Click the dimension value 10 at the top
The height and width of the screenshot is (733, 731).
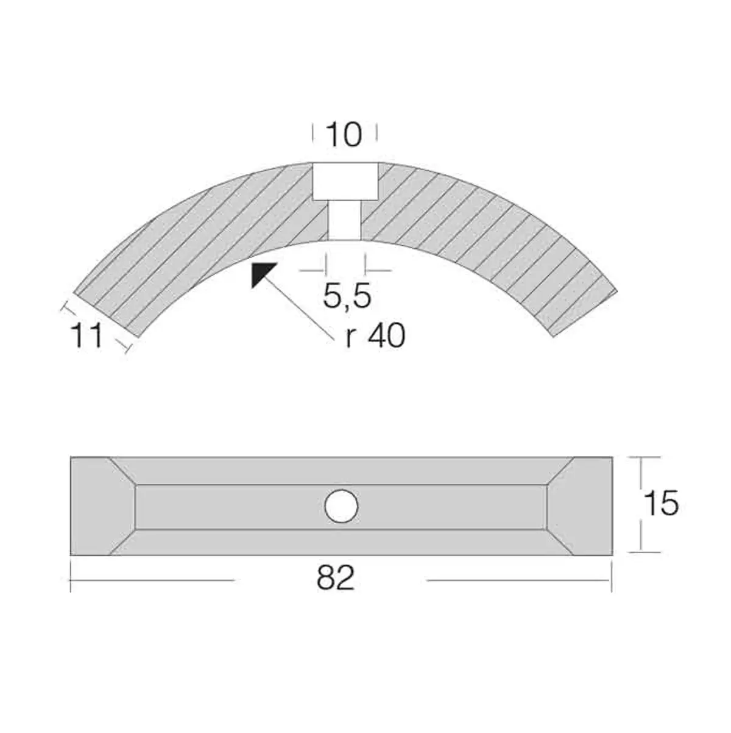pyautogui.click(x=344, y=135)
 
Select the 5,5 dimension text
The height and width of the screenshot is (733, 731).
pyautogui.click(x=347, y=297)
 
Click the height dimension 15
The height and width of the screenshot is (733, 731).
pyautogui.click(x=660, y=504)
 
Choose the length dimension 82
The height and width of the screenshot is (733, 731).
pyautogui.click(x=335, y=578)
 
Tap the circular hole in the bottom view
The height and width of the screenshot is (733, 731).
pyautogui.click(x=341, y=506)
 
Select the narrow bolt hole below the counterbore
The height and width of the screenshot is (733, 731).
pyautogui.click(x=345, y=221)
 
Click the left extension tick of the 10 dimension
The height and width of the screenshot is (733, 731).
pyautogui.click(x=313, y=132)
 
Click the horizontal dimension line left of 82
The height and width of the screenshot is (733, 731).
pyautogui.click(x=152, y=580)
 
